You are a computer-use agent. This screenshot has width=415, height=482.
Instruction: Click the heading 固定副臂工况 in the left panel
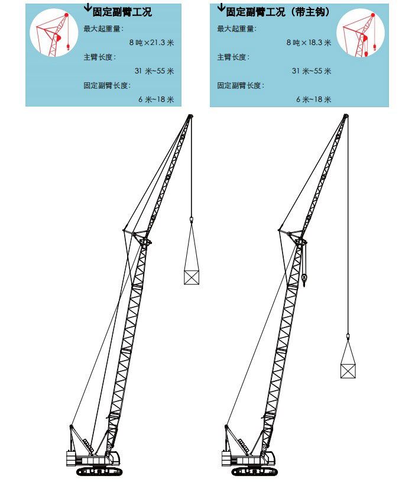coord(122,12)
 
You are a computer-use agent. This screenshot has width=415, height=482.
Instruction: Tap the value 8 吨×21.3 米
coord(151,43)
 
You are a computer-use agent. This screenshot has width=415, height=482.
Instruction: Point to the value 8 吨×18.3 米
coord(309,43)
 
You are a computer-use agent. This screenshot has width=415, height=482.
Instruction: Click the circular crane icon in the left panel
coord(54,33)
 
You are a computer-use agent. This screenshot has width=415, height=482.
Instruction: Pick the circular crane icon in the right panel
coord(361,33)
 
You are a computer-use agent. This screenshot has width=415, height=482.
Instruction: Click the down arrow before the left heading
coord(87,7)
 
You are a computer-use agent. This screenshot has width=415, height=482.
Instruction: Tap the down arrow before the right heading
coord(221,7)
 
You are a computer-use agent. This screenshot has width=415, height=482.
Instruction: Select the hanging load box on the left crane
coord(192,277)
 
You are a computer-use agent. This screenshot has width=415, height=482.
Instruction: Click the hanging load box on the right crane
coord(348,371)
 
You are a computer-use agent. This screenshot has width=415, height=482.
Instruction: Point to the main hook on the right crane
coord(304,279)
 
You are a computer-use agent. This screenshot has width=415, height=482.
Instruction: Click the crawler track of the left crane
coord(99,471)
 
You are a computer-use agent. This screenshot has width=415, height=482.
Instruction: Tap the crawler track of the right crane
coord(254,471)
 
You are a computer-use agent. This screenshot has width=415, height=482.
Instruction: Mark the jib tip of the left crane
coord(190,117)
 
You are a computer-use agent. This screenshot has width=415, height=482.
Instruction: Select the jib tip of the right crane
coord(346,117)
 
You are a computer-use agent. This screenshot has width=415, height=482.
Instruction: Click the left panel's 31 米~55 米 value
coord(154,71)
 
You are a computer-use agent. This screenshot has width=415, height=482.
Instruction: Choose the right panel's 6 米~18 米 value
coord(314,99)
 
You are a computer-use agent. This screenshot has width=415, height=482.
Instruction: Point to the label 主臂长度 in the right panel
coord(233,57)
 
